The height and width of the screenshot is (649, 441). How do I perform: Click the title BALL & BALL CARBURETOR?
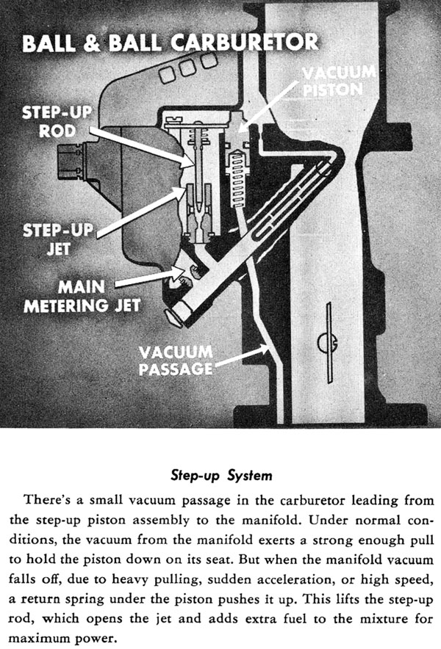[171, 42]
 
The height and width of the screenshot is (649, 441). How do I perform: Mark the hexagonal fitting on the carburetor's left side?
[68, 161]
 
